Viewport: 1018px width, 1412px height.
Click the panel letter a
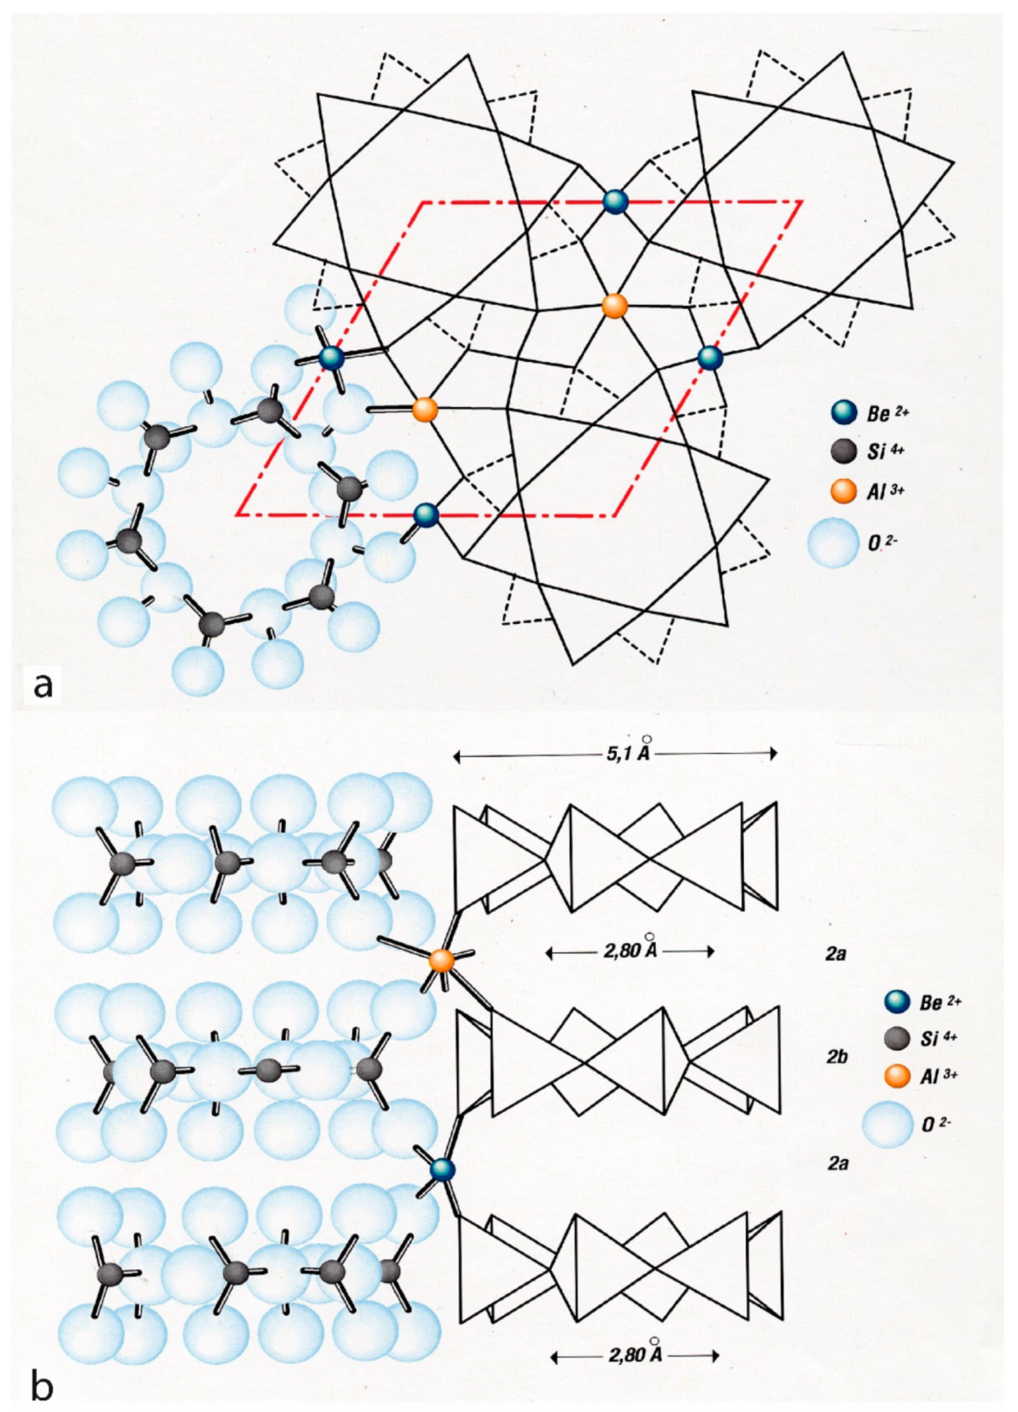pyautogui.click(x=42, y=683)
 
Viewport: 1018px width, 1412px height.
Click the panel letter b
pyautogui.click(x=42, y=1386)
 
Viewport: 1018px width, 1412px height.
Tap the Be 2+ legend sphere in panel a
pyautogui.click(x=844, y=412)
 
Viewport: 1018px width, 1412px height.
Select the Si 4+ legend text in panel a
pyautogui.click(x=886, y=451)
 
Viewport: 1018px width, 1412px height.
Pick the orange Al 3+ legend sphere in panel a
pyautogui.click(x=844, y=491)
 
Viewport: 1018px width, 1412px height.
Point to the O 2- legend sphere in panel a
pyautogui.click(x=834, y=543)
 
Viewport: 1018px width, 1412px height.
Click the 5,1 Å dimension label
pyautogui.click(x=628, y=751)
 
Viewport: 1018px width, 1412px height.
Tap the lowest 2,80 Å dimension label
pyautogui.click(x=635, y=1354)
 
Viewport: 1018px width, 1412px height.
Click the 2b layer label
pyautogui.click(x=837, y=1057)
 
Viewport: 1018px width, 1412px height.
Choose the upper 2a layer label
pyautogui.click(x=835, y=953)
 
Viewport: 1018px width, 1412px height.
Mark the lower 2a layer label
pyautogui.click(x=837, y=1162)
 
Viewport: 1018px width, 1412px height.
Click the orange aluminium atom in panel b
pyautogui.click(x=442, y=961)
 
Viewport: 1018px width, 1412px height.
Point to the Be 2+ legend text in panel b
pyautogui.click(x=940, y=1002)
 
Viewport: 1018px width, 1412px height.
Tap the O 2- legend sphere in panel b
pyautogui.click(x=890, y=1124)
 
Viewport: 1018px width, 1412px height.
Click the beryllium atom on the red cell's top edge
pyautogui.click(x=616, y=202)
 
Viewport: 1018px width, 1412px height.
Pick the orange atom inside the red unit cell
pyautogui.click(x=615, y=306)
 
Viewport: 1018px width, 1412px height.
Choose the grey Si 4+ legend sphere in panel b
pyautogui.click(x=897, y=1038)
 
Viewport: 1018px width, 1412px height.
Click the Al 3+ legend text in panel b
pyautogui.click(x=938, y=1076)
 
